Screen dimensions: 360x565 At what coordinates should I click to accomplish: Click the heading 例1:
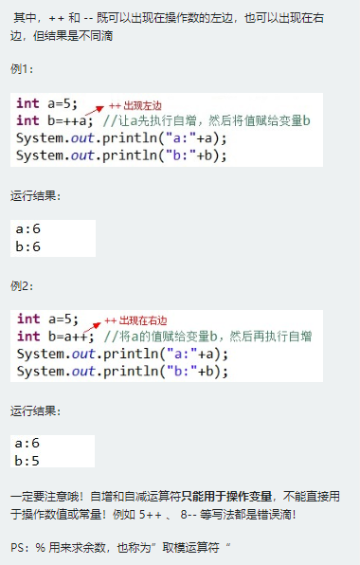tap(22, 69)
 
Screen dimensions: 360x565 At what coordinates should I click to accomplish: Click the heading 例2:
tap(22, 285)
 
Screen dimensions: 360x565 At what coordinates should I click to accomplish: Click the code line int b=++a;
tap(55, 120)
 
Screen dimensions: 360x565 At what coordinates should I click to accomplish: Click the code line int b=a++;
tap(55, 336)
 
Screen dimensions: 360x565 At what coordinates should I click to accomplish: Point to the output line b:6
tap(28, 246)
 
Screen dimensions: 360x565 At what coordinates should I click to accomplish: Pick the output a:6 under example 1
tap(28, 229)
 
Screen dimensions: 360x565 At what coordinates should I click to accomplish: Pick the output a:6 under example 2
tap(28, 444)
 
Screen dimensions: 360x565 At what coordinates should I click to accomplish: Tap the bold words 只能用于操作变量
tap(222, 496)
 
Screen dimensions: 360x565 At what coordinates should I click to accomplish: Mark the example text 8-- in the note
tap(185, 514)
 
